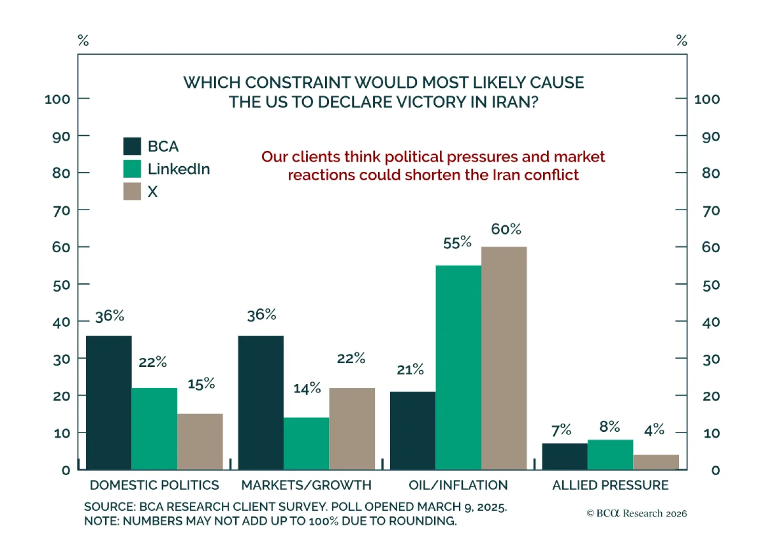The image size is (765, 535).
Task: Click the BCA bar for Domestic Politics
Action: tap(109, 403)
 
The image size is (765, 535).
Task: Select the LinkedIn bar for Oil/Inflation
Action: tap(458, 367)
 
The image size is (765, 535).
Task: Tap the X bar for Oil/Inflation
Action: tap(504, 358)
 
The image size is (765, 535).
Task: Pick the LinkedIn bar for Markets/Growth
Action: tap(306, 443)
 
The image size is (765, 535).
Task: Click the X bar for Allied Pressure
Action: tap(656, 462)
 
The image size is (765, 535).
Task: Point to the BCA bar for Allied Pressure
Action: tap(565, 457)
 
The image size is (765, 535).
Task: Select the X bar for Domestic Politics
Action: tap(200, 441)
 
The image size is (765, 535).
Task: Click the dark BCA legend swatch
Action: tap(132, 146)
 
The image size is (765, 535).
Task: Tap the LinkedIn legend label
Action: tap(179, 169)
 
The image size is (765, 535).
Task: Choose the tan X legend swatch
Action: tap(132, 191)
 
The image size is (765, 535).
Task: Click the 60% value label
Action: tap(506, 229)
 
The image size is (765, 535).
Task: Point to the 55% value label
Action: tap(457, 243)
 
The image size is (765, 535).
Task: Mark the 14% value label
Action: tap(307, 388)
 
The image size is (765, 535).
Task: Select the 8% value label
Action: tap(610, 427)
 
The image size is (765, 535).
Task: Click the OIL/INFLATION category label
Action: tap(458, 485)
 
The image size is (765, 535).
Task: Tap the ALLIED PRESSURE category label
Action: tap(610, 485)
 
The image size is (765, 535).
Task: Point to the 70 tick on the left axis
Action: tap(62, 210)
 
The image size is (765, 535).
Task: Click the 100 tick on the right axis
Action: tap(707, 99)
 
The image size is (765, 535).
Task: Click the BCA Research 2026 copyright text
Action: tap(636, 514)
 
